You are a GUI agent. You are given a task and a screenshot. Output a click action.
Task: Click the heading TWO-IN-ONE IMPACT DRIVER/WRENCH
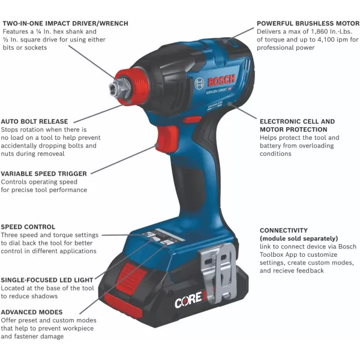pos(65,23)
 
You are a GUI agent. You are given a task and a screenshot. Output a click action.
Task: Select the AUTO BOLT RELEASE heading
pos(34,121)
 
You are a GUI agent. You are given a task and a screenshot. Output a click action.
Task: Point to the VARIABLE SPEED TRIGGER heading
pos(44,173)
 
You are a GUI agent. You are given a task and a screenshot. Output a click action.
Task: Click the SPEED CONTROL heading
pos(28,227)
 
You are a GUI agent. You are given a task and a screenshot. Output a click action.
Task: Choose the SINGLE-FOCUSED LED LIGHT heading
pos(47,280)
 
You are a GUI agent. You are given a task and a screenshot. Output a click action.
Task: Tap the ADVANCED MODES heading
pos(31,312)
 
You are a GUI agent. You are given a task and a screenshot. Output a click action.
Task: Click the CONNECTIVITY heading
pos(284,230)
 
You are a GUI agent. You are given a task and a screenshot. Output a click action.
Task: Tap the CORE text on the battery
pos(186,302)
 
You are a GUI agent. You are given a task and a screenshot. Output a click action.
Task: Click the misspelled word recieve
pos(290,271)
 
